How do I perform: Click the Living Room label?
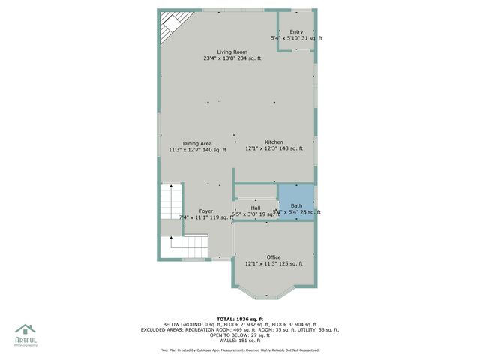[232, 52]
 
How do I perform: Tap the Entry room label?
[297, 31]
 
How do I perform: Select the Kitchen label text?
[274, 142]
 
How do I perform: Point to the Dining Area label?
[197, 143]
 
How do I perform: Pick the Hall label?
[256, 208]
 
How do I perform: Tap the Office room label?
[274, 257]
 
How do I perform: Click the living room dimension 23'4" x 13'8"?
[232, 58]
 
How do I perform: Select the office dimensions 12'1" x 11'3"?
[274, 264]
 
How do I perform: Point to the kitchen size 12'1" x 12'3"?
[274, 149]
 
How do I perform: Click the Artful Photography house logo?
[25, 330]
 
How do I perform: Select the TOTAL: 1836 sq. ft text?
[239, 319]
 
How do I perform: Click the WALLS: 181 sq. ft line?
[239, 340]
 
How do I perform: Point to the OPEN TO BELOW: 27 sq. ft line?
[239, 334]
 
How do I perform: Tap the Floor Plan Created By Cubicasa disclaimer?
[239, 349]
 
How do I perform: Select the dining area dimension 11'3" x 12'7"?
[197, 150]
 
